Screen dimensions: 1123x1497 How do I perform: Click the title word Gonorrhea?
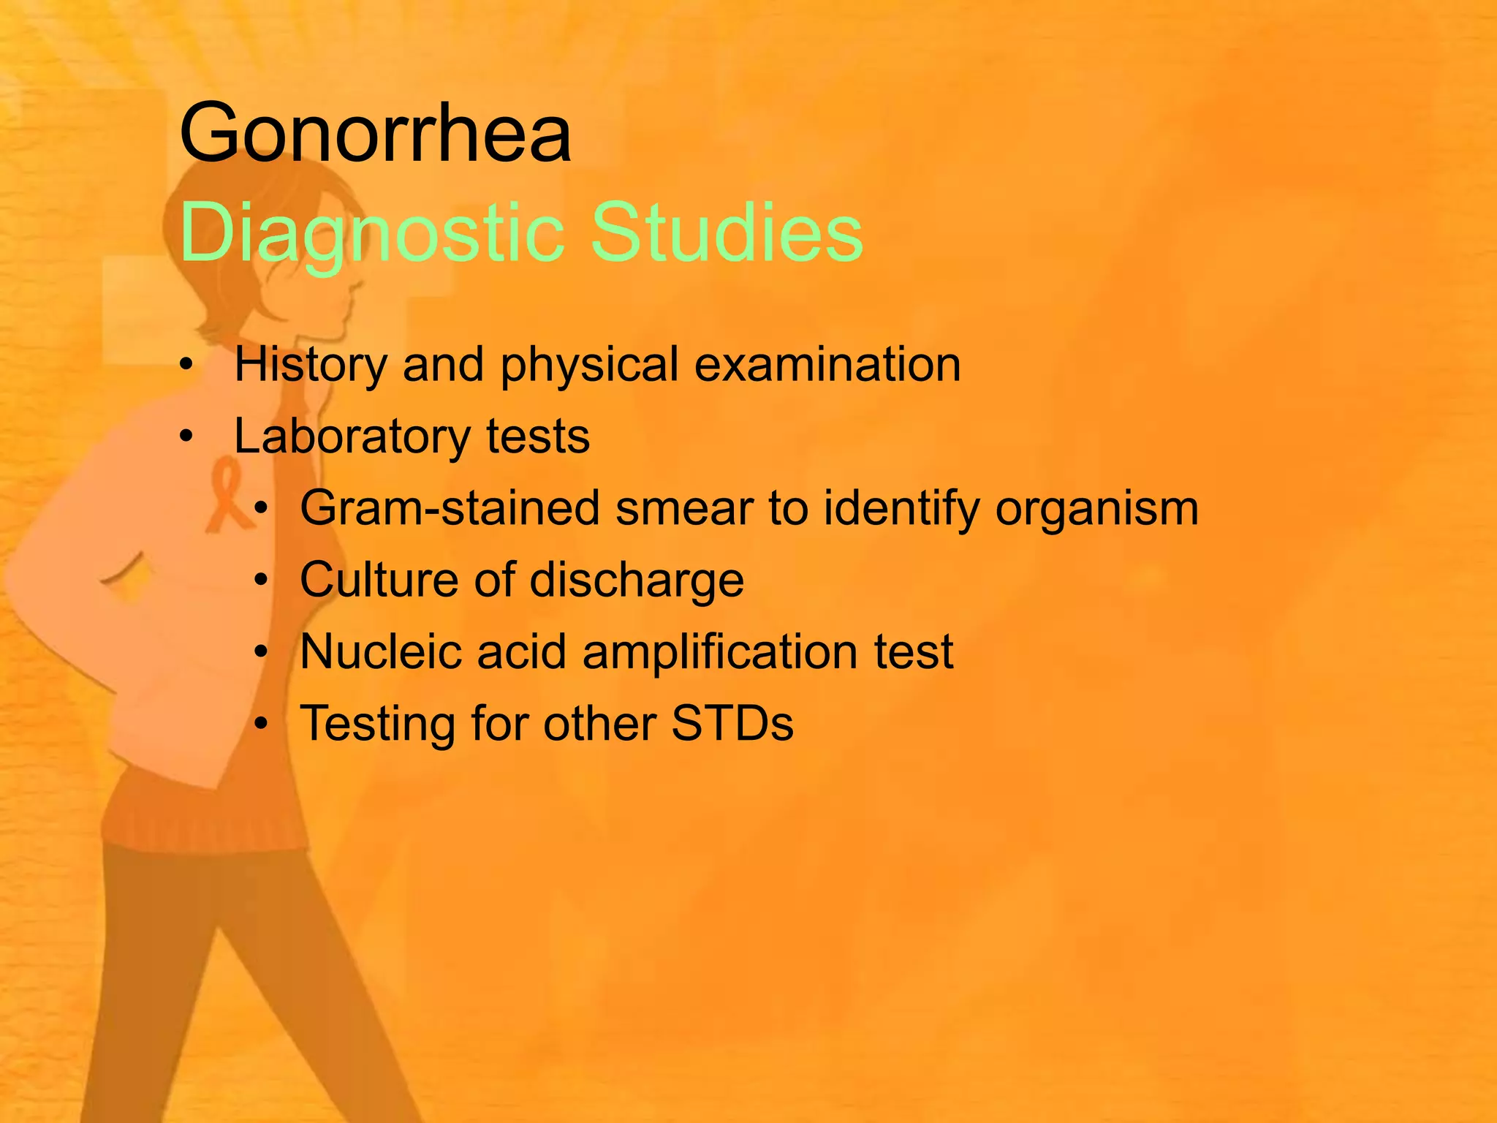pos(375,135)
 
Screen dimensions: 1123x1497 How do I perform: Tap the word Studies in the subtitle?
pos(727,232)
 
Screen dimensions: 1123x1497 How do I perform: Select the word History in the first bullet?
pos(310,364)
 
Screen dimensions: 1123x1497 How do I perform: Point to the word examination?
pos(827,364)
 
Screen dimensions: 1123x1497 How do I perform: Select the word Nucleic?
pos(380,651)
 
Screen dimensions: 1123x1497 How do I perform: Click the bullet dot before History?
pos(187,365)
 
